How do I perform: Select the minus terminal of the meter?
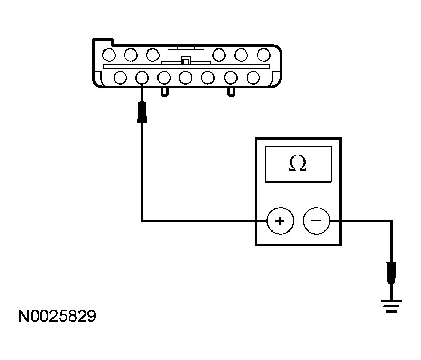[x=316, y=221]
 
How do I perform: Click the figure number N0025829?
[x=57, y=317]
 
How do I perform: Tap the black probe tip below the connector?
[x=142, y=113]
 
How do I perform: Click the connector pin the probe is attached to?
[x=142, y=78]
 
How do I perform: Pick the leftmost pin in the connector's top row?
[x=108, y=54]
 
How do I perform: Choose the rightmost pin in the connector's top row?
[x=264, y=54]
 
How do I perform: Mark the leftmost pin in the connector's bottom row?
[x=120, y=78]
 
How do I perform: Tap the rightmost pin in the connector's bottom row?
[x=253, y=78]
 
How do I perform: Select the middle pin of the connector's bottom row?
[x=186, y=78]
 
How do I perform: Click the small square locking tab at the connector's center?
[x=186, y=60]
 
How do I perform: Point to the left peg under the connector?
[x=165, y=91]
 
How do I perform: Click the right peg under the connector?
[x=231, y=91]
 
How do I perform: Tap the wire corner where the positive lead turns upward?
[x=142, y=221]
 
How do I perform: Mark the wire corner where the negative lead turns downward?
[x=391, y=221]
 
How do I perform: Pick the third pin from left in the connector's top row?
[x=152, y=54]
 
